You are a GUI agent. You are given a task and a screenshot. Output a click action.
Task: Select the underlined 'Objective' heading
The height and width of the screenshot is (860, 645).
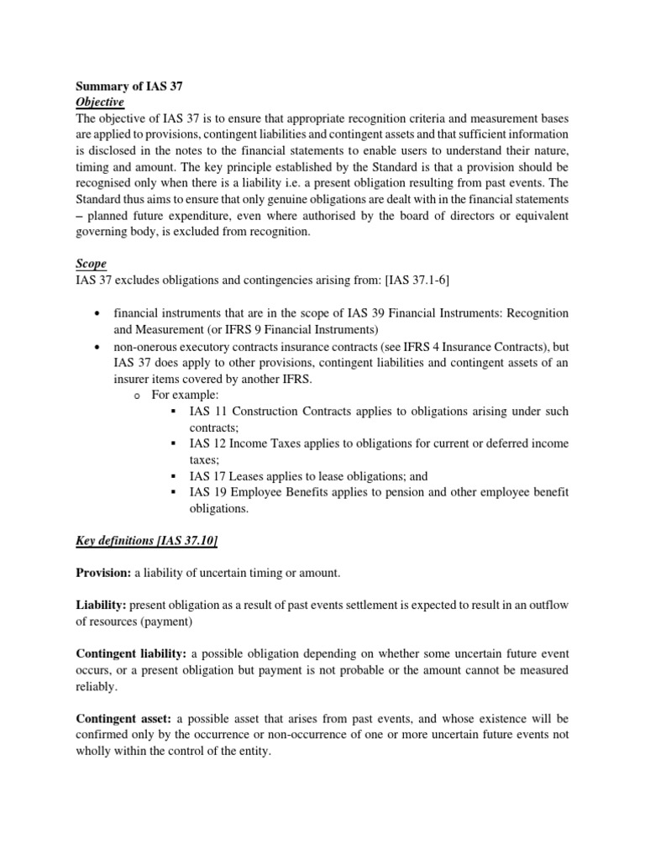[x=100, y=102]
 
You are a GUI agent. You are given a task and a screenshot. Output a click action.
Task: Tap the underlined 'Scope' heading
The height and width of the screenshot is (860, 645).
[x=91, y=264]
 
